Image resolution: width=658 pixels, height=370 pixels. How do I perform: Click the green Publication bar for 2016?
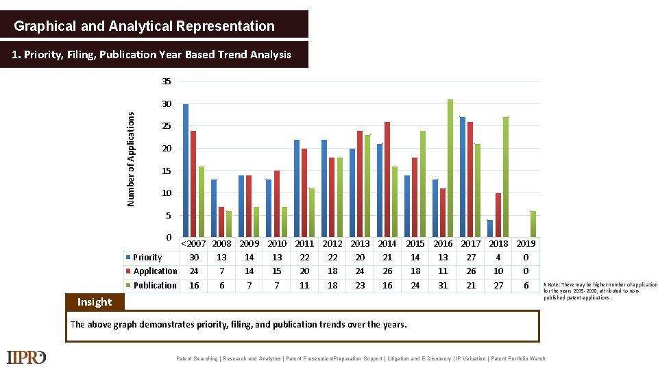[450, 168]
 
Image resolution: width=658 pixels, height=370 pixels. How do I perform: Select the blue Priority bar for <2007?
[186, 171]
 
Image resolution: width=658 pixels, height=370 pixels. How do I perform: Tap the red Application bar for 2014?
[387, 180]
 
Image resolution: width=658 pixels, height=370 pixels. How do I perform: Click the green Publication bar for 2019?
[533, 224]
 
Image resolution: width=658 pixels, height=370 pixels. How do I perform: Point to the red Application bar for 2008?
[221, 222]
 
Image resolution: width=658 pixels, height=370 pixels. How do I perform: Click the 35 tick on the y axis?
[167, 82]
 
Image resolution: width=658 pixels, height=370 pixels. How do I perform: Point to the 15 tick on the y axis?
[167, 171]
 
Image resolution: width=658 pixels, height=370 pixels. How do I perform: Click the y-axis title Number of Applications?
[131, 159]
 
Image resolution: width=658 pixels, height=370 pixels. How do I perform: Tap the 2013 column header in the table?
[360, 243]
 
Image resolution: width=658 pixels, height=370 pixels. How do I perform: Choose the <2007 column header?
[194, 243]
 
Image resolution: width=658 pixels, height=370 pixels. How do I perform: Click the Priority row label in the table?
[147, 257]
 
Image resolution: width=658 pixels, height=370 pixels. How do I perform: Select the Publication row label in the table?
[154, 285]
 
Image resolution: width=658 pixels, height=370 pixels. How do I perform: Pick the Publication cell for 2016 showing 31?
[443, 285]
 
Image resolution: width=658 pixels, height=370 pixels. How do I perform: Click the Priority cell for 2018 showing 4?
[498, 257]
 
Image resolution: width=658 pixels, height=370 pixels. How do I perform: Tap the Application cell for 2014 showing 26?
[387, 271]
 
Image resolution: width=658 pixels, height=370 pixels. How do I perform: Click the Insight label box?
[95, 302]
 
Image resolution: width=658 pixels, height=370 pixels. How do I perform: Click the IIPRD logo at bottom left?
[27, 357]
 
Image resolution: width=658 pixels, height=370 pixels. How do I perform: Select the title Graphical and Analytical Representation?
[145, 26]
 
